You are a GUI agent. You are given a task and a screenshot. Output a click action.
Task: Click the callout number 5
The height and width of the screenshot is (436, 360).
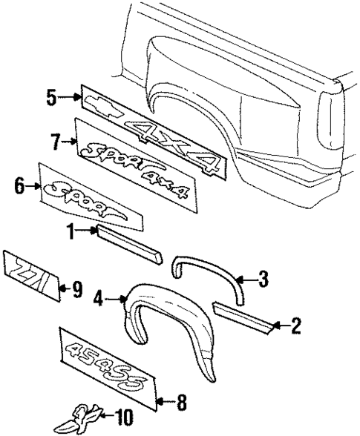pos(51,97)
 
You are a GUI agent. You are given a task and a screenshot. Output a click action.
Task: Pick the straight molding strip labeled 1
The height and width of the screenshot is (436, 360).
pos(128,245)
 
